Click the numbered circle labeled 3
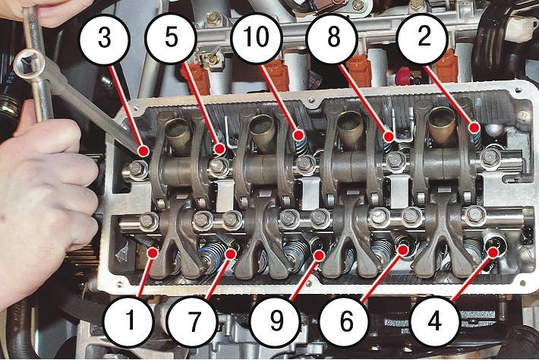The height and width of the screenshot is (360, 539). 105,38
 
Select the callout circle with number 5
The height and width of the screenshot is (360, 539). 171,37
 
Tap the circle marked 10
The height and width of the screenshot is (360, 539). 256,37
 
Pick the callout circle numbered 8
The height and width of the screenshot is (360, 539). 333,37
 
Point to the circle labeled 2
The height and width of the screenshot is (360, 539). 424,37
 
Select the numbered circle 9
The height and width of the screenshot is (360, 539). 276,321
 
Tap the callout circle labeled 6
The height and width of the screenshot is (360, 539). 346,321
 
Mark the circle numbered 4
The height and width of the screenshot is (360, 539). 434,321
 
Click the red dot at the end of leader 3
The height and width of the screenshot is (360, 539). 143,150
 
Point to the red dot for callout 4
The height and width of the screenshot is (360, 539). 493,252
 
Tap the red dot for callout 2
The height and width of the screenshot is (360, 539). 474,128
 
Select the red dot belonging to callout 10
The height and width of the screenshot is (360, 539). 299,134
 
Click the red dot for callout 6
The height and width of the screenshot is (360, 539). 403,250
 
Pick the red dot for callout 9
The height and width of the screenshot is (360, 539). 319,255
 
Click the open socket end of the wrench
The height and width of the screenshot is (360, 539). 29,62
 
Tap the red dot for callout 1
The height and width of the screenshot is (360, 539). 153,253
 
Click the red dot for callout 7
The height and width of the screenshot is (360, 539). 231,254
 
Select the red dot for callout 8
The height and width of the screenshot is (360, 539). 389,137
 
